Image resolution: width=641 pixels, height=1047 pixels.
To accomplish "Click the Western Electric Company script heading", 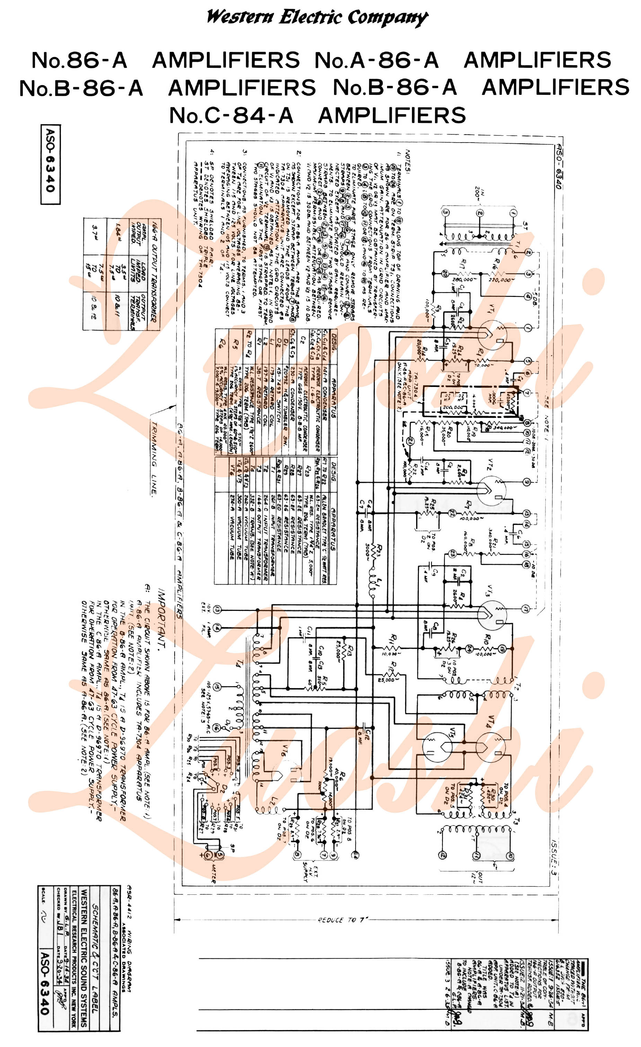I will click(x=317, y=18).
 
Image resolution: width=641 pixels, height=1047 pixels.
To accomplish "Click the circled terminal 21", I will click(x=409, y=441).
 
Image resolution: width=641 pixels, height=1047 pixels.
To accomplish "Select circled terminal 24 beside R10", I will click(x=469, y=648).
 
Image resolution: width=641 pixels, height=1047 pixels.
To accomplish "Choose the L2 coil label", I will click(x=274, y=801).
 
